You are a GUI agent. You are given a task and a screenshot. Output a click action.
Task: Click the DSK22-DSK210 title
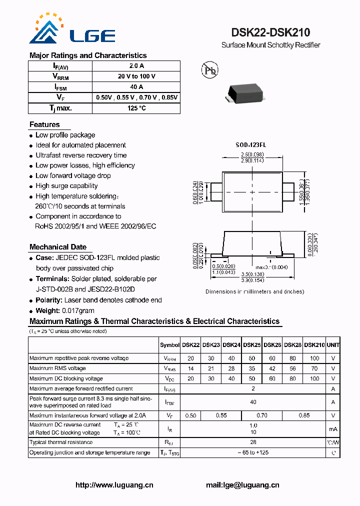(270, 32)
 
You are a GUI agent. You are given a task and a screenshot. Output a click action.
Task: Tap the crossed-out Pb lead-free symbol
(209, 70)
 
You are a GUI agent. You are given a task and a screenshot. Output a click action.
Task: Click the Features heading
(44, 124)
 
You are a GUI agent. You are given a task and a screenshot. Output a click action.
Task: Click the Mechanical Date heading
(58, 247)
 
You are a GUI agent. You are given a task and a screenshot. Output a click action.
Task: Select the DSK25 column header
(252, 345)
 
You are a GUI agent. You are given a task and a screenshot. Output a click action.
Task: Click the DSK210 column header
(314, 345)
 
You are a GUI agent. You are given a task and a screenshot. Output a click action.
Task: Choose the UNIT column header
(333, 345)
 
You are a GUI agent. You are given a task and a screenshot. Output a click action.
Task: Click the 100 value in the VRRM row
(314, 358)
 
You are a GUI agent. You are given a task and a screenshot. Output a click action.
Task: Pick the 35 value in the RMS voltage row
(252, 368)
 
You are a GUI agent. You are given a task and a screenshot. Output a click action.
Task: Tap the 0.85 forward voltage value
(304, 415)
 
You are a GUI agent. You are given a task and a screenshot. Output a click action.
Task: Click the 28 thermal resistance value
(253, 442)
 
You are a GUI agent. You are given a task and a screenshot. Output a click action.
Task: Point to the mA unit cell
(333, 429)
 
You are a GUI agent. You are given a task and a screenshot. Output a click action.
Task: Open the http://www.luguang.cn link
(114, 485)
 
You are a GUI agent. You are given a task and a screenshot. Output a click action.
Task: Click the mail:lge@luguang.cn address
(242, 485)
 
